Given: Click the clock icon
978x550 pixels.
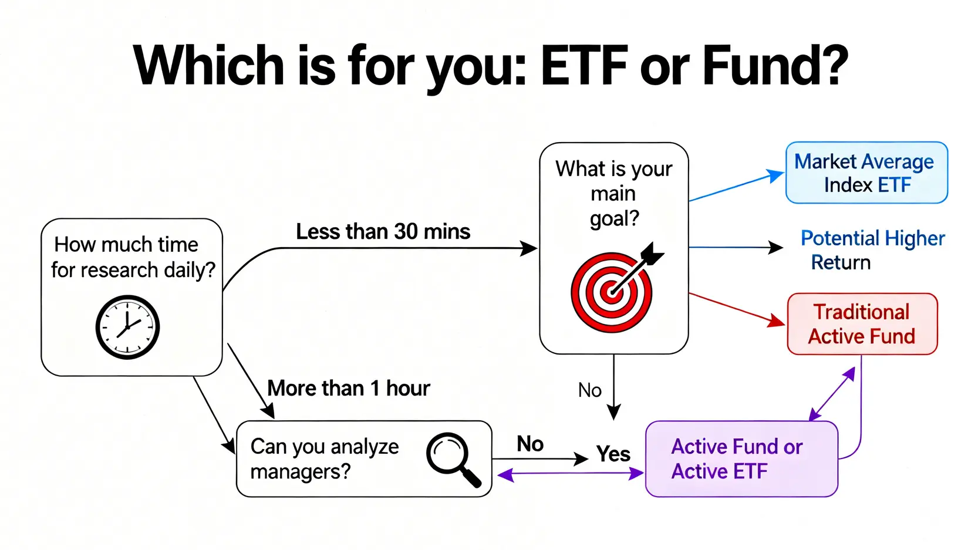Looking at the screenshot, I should pyautogui.click(x=127, y=327).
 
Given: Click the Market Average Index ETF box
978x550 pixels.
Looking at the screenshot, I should pyautogui.click(x=866, y=173).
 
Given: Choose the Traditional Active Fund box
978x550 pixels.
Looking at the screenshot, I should pyautogui.click(x=861, y=324).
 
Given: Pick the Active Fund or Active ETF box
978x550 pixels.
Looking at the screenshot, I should pyautogui.click(x=741, y=459).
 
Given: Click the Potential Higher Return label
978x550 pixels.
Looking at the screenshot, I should pyautogui.click(x=872, y=250).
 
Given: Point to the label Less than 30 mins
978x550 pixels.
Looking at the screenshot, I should pyautogui.click(x=383, y=231).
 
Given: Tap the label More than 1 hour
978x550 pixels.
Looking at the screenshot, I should pyautogui.click(x=348, y=388).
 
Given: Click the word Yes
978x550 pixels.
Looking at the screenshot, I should pyautogui.click(x=613, y=454).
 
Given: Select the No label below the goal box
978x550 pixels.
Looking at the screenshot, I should pyautogui.click(x=589, y=390).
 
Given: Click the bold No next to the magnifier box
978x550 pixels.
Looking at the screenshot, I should pyautogui.click(x=530, y=444).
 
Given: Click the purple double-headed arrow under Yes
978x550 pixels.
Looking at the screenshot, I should pyautogui.click(x=569, y=474).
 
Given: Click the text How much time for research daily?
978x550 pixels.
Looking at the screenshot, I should pyautogui.click(x=133, y=257).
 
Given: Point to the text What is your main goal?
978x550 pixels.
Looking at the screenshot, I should pyautogui.click(x=613, y=193).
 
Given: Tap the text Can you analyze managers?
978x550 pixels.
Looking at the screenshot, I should pyautogui.click(x=324, y=459).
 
